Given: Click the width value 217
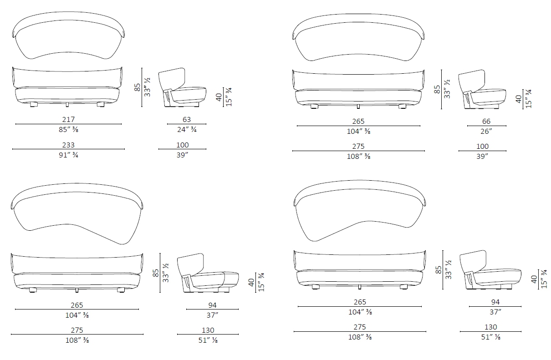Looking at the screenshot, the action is point(68,120).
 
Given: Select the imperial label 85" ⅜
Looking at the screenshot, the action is point(68,130).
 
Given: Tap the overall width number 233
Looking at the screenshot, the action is point(68,145).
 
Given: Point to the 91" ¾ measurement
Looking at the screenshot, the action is point(68,155).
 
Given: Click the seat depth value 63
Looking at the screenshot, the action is point(187,120).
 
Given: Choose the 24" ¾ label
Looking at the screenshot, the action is point(187,130).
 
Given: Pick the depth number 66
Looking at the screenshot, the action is point(486,121).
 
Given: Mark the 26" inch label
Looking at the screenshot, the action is point(486,132).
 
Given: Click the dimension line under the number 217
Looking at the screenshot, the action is point(68,124).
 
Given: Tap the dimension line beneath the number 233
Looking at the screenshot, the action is point(68,149).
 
